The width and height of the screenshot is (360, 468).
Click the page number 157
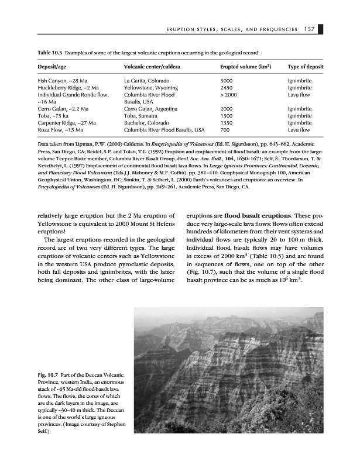click(x=311, y=30)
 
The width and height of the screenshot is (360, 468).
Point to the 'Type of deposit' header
click(x=306, y=67)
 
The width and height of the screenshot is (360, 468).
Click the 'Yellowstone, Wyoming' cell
click(x=151, y=87)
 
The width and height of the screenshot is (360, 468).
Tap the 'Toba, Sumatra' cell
click(x=141, y=116)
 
